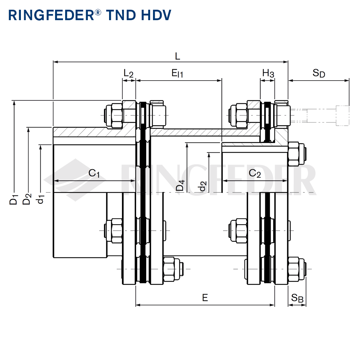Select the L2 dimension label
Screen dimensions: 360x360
click(129, 73)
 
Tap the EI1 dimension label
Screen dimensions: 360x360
click(177, 74)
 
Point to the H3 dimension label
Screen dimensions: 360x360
click(268, 73)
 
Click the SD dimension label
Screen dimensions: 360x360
click(319, 73)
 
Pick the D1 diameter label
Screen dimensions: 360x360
click(14, 199)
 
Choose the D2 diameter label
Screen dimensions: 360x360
click(27, 199)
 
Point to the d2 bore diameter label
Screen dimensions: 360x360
click(203, 186)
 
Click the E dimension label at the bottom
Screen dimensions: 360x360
click(205, 297)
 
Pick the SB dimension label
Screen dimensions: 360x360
click(297, 298)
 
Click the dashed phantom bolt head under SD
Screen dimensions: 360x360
click(342, 116)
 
